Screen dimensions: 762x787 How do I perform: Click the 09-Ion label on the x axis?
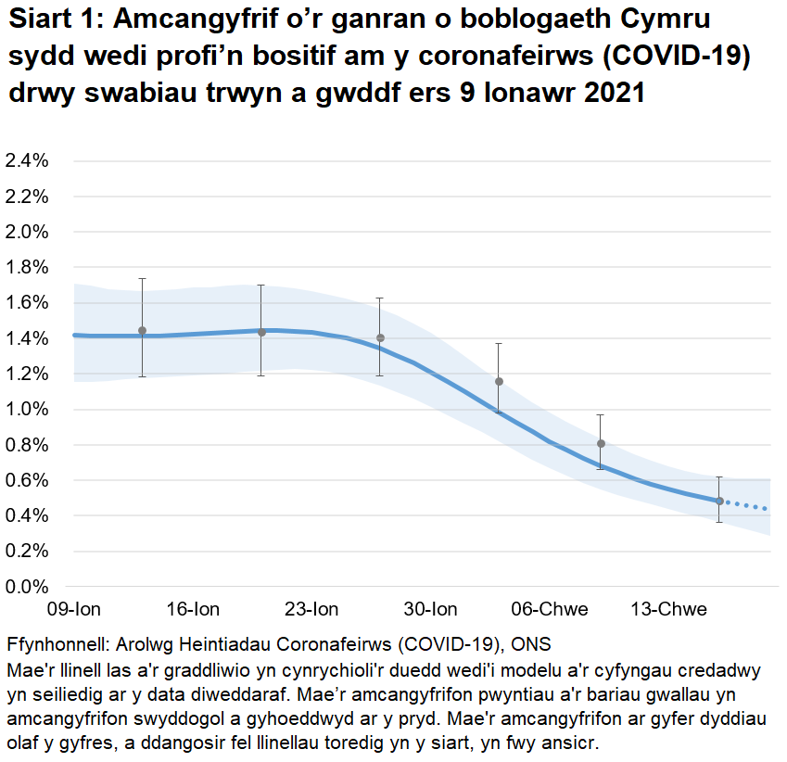pyautogui.click(x=73, y=609)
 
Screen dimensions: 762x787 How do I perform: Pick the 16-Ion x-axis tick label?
pyautogui.click(x=193, y=609)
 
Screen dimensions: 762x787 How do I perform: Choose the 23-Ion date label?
pyautogui.click(x=311, y=609)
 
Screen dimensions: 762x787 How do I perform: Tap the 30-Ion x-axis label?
pyautogui.click(x=430, y=609)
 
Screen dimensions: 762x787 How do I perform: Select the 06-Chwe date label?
pyautogui.click(x=550, y=609)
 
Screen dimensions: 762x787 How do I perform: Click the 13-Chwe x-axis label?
pyautogui.click(x=668, y=609)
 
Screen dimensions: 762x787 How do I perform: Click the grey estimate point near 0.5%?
pyautogui.click(x=719, y=502)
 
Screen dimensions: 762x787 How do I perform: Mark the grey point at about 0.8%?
pyautogui.click(x=601, y=444)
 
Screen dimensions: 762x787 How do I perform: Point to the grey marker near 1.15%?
pyautogui.click(x=499, y=381)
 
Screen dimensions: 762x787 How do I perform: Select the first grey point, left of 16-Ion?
pyautogui.click(x=142, y=331)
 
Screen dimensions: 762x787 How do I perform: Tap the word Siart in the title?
pyautogui.click(x=39, y=20)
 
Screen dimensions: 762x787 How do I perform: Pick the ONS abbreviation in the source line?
pyautogui.click(x=532, y=645)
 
